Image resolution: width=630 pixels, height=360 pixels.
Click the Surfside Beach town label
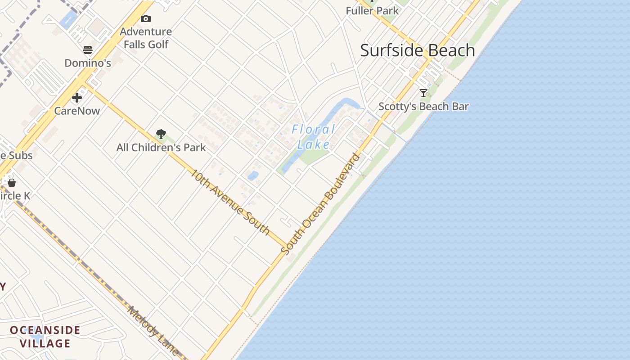point(418,50)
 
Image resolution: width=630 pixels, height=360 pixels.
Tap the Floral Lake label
point(314,137)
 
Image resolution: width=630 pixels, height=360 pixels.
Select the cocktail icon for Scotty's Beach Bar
point(423,93)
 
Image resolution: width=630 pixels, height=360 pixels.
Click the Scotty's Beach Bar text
point(423,107)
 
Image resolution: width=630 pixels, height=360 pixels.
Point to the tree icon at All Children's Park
point(161,134)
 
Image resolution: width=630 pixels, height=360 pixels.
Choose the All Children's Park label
point(161,148)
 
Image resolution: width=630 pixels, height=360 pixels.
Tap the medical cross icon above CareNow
point(77,98)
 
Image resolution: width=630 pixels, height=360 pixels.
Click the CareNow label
point(77,111)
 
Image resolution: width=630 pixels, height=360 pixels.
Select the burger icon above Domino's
point(87,49)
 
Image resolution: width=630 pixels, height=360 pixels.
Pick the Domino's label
point(88,63)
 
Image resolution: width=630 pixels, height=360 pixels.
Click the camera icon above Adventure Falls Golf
point(145,18)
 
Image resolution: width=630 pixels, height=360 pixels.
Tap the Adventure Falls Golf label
point(146,38)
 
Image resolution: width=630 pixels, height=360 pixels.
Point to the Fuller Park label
point(372,10)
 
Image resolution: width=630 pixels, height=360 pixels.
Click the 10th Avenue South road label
point(230,202)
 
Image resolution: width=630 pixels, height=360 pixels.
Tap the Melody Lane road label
point(153,331)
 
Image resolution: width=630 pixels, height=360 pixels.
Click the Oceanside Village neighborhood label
point(45,337)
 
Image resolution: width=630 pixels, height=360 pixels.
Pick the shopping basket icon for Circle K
point(12,183)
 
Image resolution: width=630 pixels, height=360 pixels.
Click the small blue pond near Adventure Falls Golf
point(68,20)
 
